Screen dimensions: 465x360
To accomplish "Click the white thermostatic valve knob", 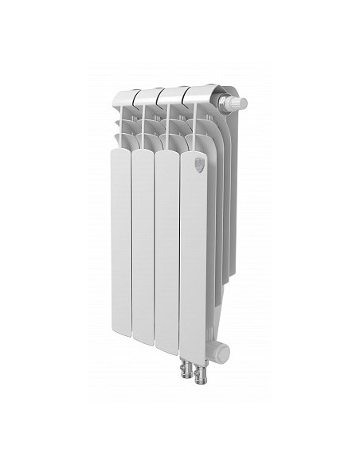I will click(x=237, y=103).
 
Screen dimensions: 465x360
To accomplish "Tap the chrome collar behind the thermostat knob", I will click(x=224, y=100).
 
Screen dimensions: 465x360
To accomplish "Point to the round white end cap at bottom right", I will click(x=224, y=350).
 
